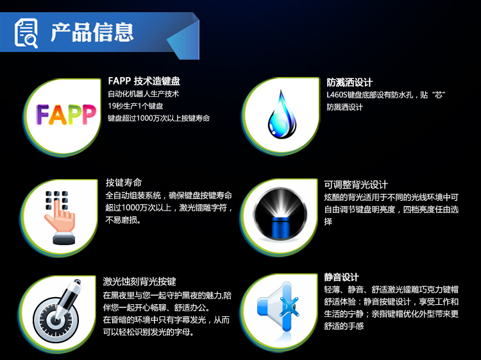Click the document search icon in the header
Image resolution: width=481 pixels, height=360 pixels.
point(26,33)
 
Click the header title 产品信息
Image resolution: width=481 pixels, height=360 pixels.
point(92,32)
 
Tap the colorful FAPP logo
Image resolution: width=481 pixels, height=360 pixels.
point(66,114)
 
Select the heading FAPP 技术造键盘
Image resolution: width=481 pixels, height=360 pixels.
point(144,81)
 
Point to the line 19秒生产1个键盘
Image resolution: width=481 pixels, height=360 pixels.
point(135,106)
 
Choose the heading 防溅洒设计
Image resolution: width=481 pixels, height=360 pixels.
point(350,82)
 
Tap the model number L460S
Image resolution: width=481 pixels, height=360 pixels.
point(337,95)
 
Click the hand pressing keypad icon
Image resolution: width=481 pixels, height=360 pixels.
point(60,218)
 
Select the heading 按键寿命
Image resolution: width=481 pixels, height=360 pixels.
point(124,182)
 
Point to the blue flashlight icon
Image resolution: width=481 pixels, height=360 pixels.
point(280,214)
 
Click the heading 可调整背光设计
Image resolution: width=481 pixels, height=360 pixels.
point(356,184)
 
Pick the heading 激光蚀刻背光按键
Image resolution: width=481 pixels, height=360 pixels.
point(140,281)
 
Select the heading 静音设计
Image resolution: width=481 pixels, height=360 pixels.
point(341,277)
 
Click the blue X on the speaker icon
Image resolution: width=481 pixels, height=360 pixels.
point(289,307)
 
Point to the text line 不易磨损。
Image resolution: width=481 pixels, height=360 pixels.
point(123,219)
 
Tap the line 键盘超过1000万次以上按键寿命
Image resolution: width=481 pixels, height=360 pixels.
point(158,118)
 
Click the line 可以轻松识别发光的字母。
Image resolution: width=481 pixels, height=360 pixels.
point(149,332)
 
